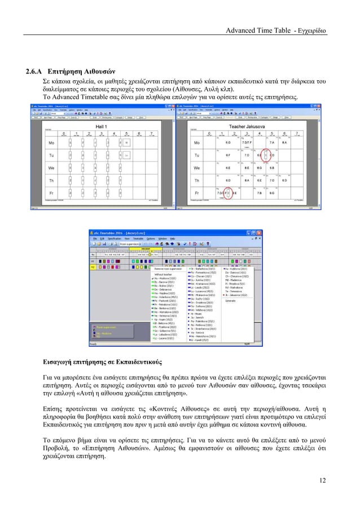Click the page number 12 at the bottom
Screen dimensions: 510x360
click(x=322, y=481)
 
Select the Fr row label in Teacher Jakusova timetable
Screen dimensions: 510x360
click(x=197, y=193)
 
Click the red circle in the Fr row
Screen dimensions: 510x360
click(x=230, y=193)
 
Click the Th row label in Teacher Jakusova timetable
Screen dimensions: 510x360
click(x=197, y=181)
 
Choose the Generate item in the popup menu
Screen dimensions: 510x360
click(x=231, y=300)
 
